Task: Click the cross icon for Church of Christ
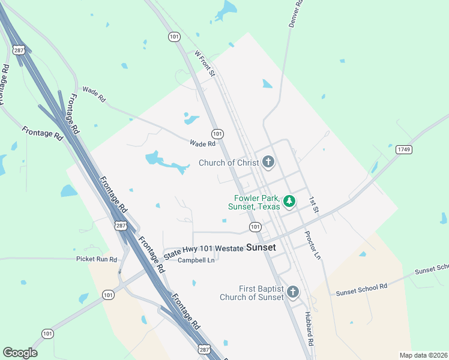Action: (x=268, y=162)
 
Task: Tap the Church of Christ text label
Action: (x=229, y=163)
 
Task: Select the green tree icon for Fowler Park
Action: (x=289, y=201)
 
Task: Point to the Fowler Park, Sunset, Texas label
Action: (x=254, y=202)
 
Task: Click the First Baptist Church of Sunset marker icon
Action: (x=292, y=292)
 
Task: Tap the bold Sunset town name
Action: (x=261, y=247)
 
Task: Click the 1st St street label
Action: (x=313, y=204)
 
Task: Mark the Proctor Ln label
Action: (x=313, y=245)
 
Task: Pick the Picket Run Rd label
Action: (x=97, y=259)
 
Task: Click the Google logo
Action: (x=20, y=353)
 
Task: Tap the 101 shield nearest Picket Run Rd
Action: (x=108, y=295)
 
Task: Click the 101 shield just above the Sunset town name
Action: (x=255, y=226)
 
